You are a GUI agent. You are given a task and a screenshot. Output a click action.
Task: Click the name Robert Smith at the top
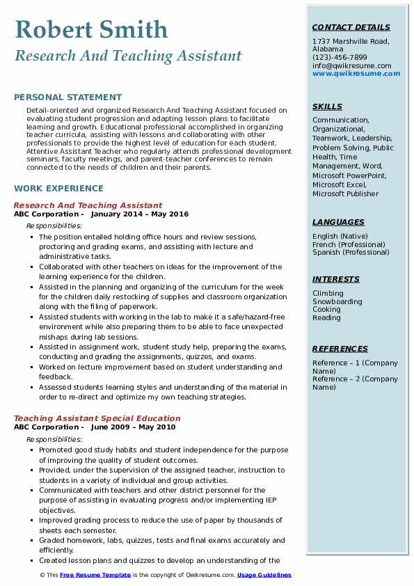[x=90, y=29]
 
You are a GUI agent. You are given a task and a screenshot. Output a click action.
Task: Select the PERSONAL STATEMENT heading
[x=67, y=97]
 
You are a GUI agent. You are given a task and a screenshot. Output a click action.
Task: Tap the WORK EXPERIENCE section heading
[x=58, y=189]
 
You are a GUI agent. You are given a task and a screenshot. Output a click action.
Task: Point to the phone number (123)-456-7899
[x=340, y=58]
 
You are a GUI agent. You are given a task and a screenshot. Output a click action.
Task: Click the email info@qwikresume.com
[x=351, y=65]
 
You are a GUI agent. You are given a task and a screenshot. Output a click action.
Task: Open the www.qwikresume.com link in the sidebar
[x=351, y=73]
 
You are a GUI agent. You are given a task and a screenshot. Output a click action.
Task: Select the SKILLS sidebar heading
[x=327, y=106]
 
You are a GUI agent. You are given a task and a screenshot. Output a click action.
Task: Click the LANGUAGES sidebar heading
[x=338, y=222]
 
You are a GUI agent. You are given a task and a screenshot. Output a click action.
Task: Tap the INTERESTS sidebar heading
[x=335, y=279]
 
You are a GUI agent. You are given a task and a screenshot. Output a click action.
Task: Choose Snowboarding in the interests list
[x=337, y=302]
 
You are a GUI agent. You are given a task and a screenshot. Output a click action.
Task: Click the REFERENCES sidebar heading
[x=340, y=349]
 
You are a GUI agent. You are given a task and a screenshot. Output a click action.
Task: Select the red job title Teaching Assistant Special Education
[x=97, y=418]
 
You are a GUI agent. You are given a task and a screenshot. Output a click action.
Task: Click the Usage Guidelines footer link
[x=264, y=575]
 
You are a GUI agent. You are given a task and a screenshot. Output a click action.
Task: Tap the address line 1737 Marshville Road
[x=350, y=41]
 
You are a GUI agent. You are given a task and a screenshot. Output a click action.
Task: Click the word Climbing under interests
[x=328, y=294]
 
